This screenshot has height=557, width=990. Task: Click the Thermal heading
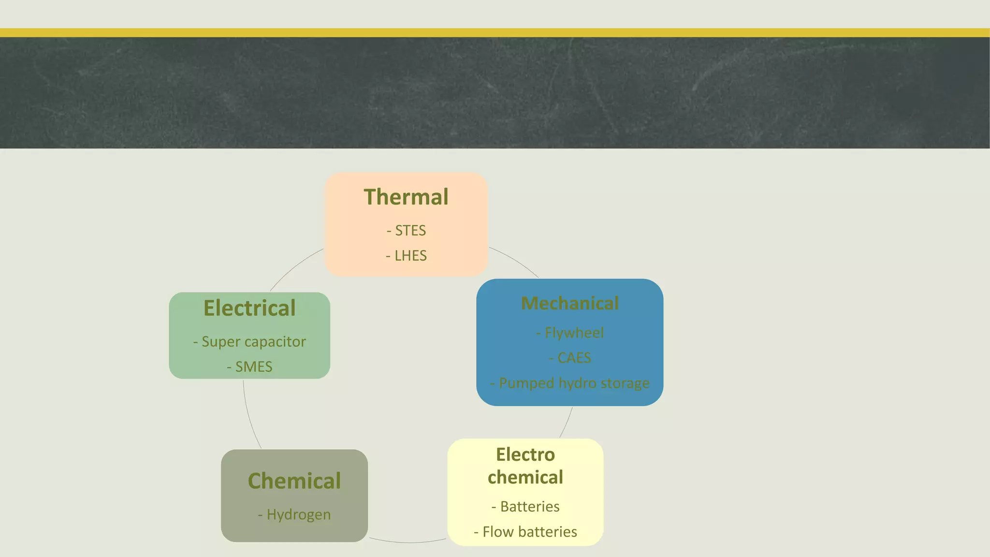(406, 197)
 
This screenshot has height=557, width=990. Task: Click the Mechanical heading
(570, 304)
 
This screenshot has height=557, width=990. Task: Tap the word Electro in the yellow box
(525, 455)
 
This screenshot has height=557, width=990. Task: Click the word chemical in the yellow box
(525, 478)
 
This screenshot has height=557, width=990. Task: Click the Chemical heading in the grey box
(294, 481)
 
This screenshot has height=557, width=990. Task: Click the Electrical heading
(249, 308)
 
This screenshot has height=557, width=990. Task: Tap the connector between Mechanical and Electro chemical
(567, 423)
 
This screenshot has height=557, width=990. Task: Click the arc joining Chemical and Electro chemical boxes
(408, 542)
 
